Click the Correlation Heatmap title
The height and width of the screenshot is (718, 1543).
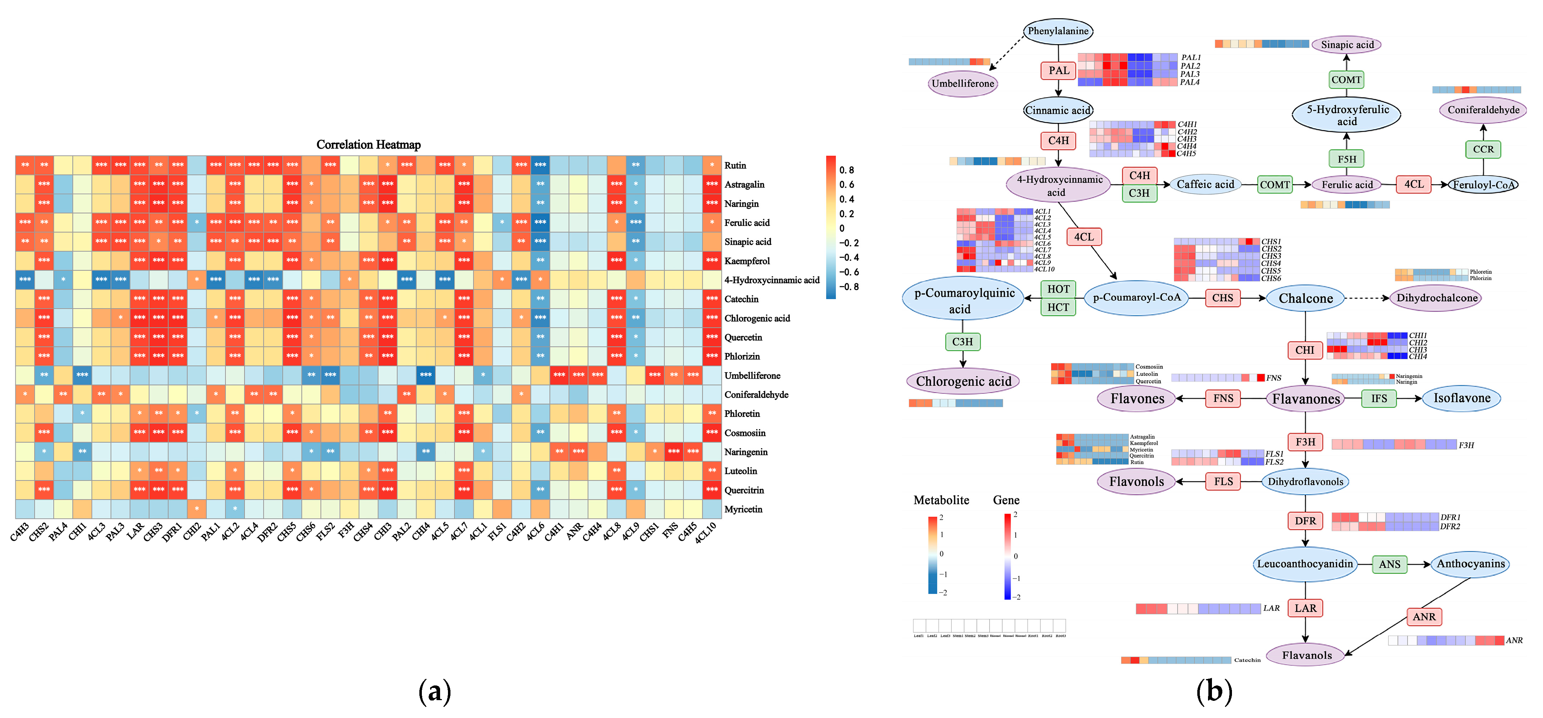pyautogui.click(x=368, y=144)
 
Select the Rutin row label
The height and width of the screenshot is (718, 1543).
pyautogui.click(x=735, y=166)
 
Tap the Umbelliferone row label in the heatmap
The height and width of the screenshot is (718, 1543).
pyautogui.click(x=752, y=376)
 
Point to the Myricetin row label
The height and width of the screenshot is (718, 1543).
pyautogui.click(x=743, y=510)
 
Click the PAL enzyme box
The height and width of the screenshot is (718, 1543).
pyautogui.click(x=1059, y=70)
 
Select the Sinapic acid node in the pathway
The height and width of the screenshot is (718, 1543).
pyautogui.click(x=1347, y=44)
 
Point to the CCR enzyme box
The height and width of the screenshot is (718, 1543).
pyautogui.click(x=1483, y=149)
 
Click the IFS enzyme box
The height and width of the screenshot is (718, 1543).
pyautogui.click(x=1379, y=399)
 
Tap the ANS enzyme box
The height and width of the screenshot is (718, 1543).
pyautogui.click(x=1390, y=564)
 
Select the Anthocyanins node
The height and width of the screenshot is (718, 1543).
pyautogui.click(x=1470, y=564)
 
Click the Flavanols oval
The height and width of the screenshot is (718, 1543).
pyautogui.click(x=1306, y=655)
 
